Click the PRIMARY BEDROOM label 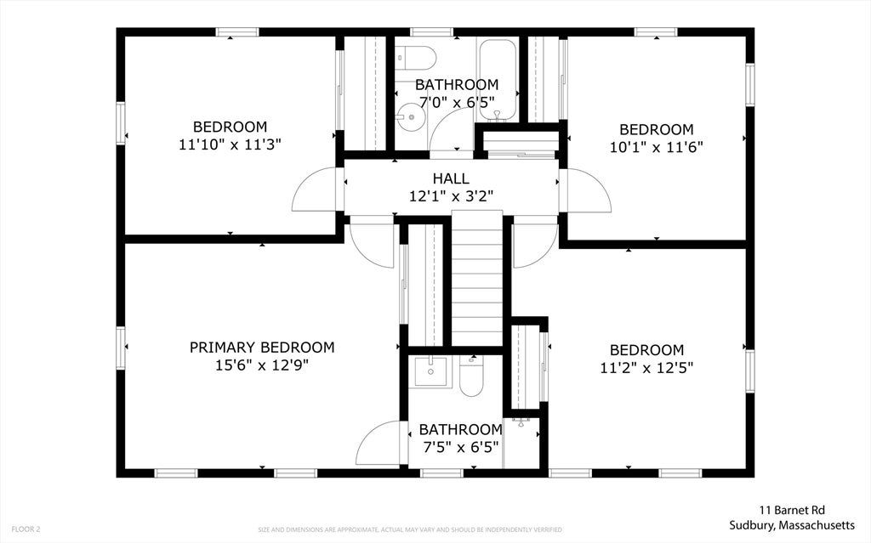(262, 348)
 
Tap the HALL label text (451, 178)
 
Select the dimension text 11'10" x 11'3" (230, 144)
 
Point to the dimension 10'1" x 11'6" (656, 147)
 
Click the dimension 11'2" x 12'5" (646, 368)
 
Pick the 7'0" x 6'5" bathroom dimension (457, 102)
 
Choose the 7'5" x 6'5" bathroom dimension (460, 447)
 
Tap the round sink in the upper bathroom (412, 116)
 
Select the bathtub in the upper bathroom (497, 79)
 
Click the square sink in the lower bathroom (430, 371)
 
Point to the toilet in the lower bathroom (472, 376)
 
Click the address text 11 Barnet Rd (792, 510)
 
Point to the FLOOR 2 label (26, 529)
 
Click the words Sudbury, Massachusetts (792, 524)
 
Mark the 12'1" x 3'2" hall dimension (451, 196)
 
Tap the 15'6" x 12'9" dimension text (262, 365)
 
